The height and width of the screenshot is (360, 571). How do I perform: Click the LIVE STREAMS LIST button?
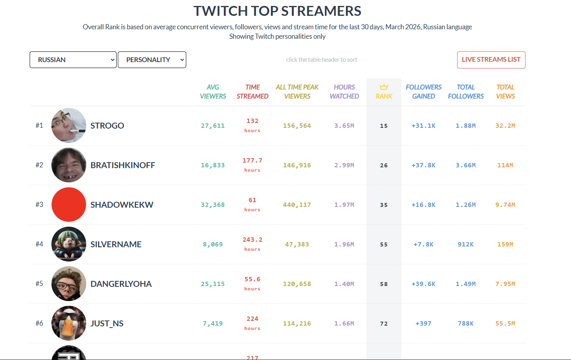point(491,60)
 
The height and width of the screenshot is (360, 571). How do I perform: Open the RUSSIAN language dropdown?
point(73,60)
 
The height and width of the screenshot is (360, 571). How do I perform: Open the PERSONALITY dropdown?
point(152,60)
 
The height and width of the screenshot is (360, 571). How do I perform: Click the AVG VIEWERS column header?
point(213,91)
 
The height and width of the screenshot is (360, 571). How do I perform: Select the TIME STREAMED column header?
point(252,91)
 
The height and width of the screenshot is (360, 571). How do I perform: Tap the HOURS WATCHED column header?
point(344,91)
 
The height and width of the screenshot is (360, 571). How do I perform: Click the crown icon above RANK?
point(384,87)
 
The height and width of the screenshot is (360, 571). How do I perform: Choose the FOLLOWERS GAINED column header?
point(424,91)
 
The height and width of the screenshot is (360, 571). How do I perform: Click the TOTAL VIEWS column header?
point(505,91)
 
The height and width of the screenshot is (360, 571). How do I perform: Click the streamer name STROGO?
point(107,126)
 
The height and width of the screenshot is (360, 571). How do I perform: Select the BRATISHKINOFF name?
point(123,165)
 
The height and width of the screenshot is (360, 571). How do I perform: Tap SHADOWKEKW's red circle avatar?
point(69,205)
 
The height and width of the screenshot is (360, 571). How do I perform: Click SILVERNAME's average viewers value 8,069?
point(213,244)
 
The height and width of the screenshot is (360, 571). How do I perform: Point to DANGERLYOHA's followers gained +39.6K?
point(424,284)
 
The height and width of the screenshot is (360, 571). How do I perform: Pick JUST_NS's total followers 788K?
point(466,324)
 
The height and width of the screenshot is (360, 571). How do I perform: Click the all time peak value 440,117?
point(297,205)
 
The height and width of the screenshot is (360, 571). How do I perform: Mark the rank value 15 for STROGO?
point(384,126)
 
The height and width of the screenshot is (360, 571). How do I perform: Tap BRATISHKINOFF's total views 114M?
point(505,165)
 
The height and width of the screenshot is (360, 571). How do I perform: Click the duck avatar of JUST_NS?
point(69,323)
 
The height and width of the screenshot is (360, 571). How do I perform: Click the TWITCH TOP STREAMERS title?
point(277,11)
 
